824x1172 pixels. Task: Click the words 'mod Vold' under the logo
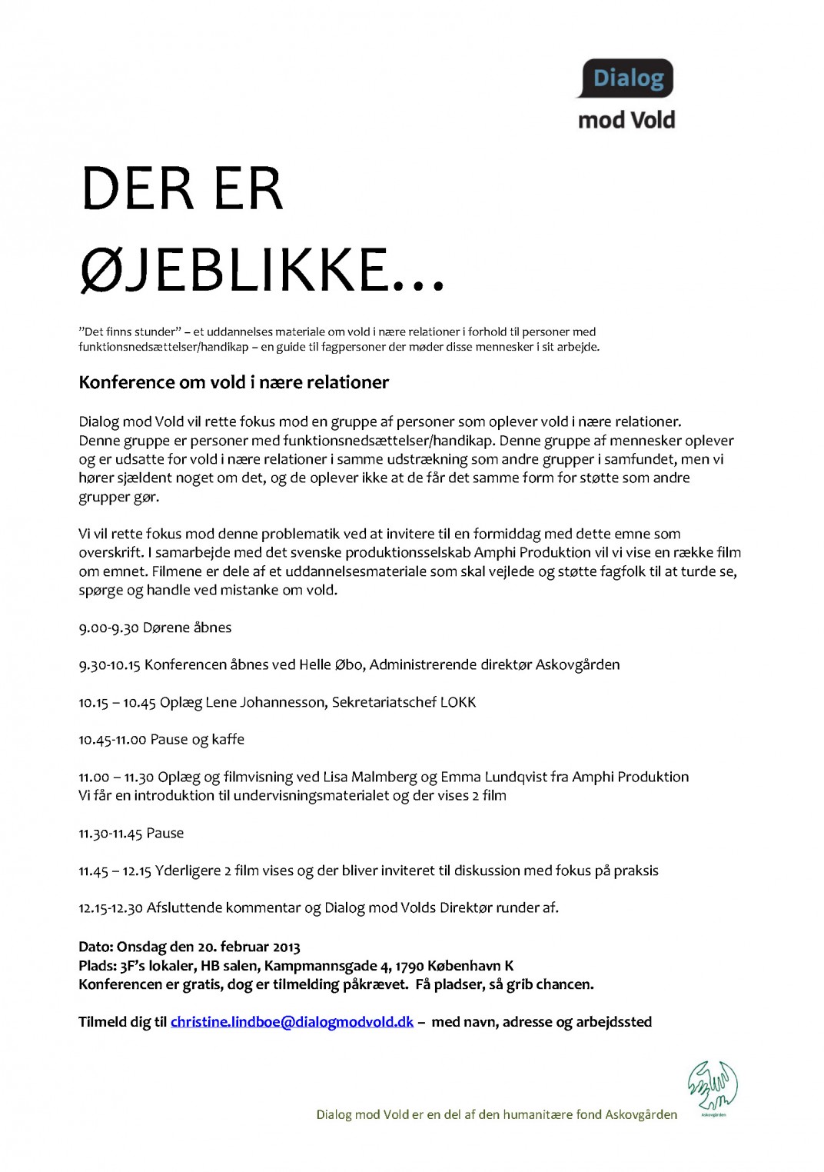(626, 120)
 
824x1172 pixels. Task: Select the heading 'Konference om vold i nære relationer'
(234, 382)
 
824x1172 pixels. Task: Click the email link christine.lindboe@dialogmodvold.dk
(292, 1022)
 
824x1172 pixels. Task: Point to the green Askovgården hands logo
(712, 1086)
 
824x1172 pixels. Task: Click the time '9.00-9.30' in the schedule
(108, 628)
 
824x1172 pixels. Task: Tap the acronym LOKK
(458, 702)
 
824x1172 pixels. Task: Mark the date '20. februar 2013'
(249, 947)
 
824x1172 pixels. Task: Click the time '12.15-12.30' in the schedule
(111, 908)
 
